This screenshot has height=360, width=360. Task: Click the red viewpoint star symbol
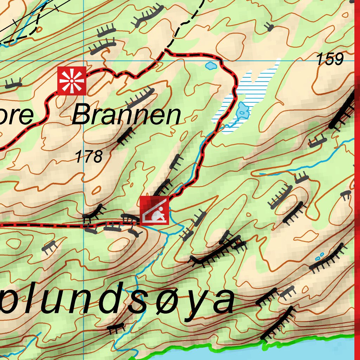72,81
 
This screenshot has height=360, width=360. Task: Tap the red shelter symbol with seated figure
155,211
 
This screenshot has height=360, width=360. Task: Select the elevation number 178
89,156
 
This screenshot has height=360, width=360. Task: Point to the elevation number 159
330,59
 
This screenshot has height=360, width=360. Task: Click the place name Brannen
126,116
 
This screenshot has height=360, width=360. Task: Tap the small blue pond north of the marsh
211,65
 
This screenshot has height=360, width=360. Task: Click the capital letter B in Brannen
82,115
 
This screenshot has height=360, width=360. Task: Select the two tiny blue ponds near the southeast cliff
320,256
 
